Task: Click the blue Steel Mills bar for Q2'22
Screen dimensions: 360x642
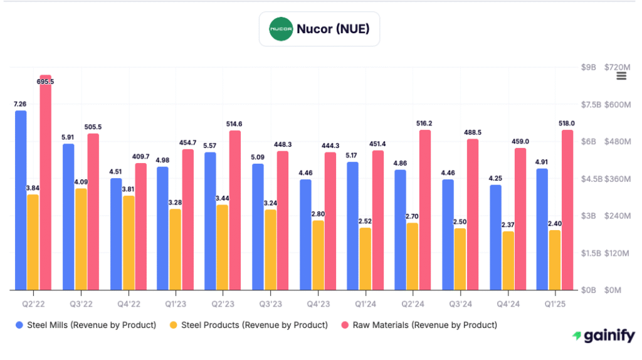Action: (x=21, y=201)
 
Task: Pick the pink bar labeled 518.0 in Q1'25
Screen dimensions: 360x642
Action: (x=567, y=210)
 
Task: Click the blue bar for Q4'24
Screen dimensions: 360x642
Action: (x=495, y=238)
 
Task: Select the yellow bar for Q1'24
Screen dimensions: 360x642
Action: (x=365, y=259)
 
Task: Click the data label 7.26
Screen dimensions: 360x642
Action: (x=20, y=104)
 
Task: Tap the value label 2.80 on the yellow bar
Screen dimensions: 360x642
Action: (x=318, y=214)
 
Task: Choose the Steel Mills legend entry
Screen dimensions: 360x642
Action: (x=86, y=325)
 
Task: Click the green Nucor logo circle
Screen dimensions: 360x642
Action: (x=281, y=29)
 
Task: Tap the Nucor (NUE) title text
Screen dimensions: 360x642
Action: (x=333, y=29)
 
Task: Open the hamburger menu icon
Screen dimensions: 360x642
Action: (x=621, y=76)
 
